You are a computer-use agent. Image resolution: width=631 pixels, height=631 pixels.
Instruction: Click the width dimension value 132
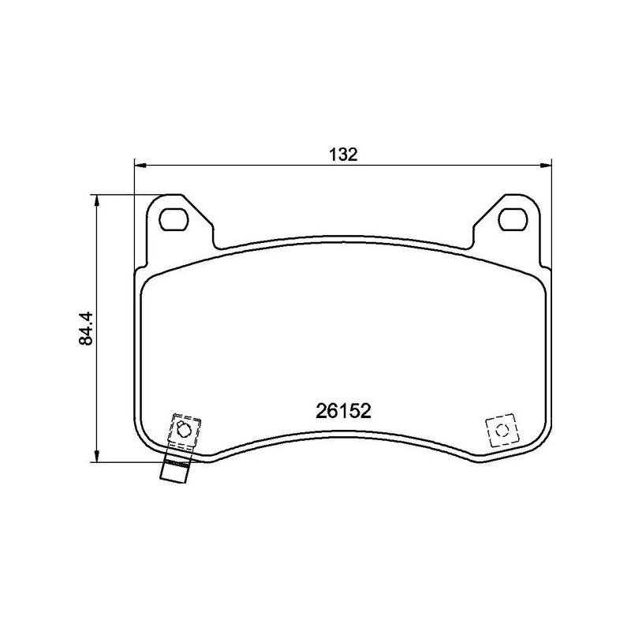pyautogui.click(x=343, y=154)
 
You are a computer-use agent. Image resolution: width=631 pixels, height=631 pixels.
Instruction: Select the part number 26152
pyautogui.click(x=343, y=411)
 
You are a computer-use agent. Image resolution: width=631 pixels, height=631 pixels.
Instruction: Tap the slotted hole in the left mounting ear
pyautogui.click(x=174, y=218)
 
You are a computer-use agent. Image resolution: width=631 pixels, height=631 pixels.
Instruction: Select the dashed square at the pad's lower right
pyautogui.click(x=500, y=431)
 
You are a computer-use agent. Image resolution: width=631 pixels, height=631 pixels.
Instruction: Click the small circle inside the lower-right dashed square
pyautogui.click(x=500, y=431)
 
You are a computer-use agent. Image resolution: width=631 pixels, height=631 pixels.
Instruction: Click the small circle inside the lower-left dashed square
pyautogui.click(x=184, y=430)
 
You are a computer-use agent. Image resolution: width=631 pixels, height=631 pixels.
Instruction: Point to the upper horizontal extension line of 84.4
pyautogui.click(x=126, y=195)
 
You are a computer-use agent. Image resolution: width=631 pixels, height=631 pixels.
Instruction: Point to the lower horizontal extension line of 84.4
pyautogui.click(x=126, y=462)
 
